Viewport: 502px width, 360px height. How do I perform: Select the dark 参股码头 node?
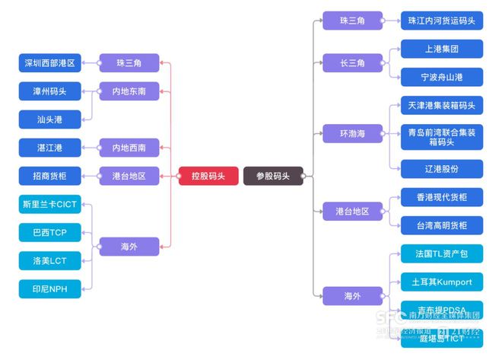tap(272, 176)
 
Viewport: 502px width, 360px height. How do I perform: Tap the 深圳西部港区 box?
tap(49, 63)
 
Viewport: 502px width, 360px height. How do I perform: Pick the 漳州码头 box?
tap(49, 91)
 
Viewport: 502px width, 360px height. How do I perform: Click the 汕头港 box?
tap(49, 119)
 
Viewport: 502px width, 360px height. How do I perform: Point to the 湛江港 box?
tap(49, 148)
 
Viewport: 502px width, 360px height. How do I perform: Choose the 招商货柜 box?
tap(49, 176)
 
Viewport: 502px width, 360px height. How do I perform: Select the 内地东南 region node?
tap(129, 91)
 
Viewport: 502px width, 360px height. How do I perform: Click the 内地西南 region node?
tap(129, 148)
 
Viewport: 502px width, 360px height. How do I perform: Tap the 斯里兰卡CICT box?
tap(49, 205)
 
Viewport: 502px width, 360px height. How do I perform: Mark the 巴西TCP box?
tap(49, 232)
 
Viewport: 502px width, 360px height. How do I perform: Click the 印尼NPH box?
tap(49, 288)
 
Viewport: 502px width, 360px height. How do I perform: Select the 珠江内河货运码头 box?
tap(441, 21)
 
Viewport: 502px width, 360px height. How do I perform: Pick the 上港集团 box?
tap(441, 49)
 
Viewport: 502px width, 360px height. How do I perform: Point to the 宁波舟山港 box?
tap(441, 77)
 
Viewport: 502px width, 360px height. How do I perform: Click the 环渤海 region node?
tap(352, 134)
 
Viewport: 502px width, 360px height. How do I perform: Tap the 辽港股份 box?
tap(441, 169)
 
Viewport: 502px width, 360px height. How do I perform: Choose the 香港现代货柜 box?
tap(441, 198)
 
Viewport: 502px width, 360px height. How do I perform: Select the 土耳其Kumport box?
tap(441, 282)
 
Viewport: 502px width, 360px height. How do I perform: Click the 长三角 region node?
tap(352, 63)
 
